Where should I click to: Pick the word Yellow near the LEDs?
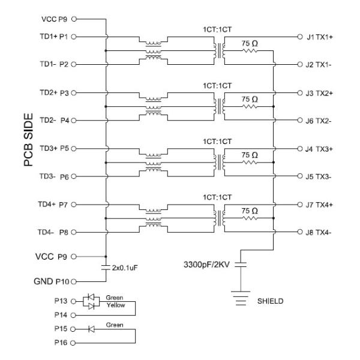coord(115,304)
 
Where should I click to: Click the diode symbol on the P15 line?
coord(92,329)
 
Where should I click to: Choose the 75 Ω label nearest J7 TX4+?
coord(249,210)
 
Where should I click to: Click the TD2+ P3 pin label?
coord(52,93)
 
